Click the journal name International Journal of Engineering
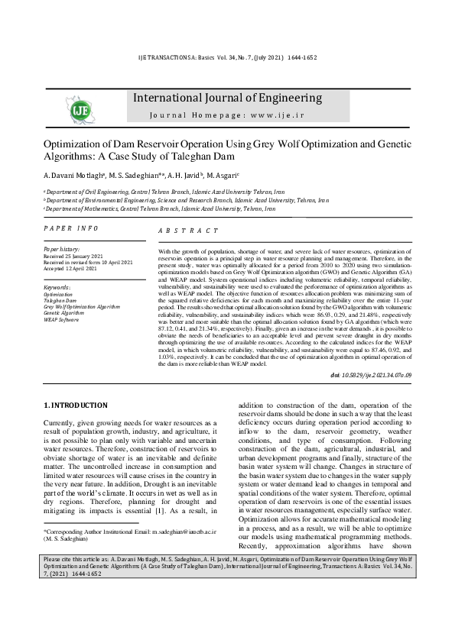point(228,98)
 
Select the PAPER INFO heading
point(70,228)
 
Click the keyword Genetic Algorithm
point(63,312)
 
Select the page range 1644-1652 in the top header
point(300,57)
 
